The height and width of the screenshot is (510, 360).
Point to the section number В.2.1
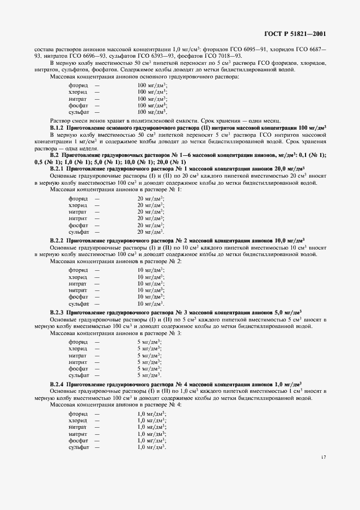click(58, 169)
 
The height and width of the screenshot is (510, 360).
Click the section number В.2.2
click(58, 240)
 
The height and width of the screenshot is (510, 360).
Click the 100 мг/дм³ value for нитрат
click(152, 99)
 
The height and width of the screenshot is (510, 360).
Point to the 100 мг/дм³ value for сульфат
click(152, 112)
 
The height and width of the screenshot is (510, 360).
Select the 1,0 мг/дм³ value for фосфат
click(151, 440)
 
